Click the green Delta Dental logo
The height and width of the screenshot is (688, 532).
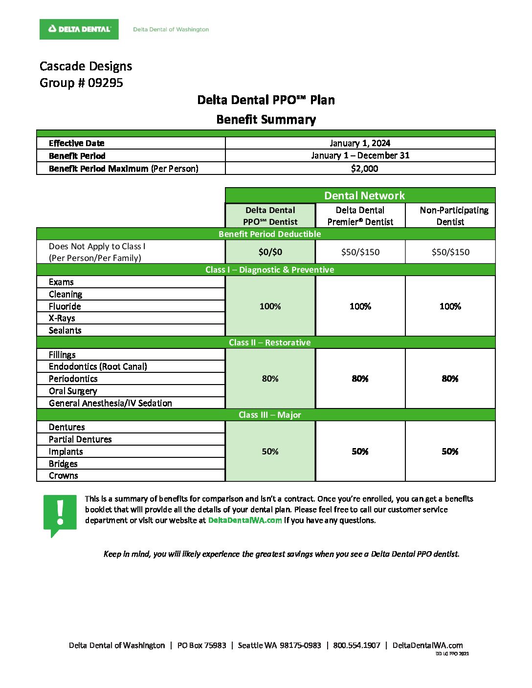pyautogui.click(x=79, y=29)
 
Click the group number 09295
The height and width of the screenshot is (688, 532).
pyautogui.click(x=105, y=83)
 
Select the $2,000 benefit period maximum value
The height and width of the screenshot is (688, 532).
pyautogui.click(x=364, y=169)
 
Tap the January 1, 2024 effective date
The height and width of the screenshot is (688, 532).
pyautogui.click(x=360, y=143)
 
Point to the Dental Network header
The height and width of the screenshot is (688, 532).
pyautogui.click(x=364, y=195)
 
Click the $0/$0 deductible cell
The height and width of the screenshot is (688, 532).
pyautogui.click(x=270, y=252)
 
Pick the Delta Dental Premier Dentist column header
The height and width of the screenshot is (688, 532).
pyautogui.click(x=360, y=215)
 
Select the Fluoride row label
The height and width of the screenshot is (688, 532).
pyautogui.click(x=65, y=306)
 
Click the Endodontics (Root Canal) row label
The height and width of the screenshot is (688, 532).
pyautogui.click(x=98, y=366)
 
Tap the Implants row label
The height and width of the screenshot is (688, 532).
pyautogui.click(x=66, y=451)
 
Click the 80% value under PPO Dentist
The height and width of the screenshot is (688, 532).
pyautogui.click(x=270, y=379)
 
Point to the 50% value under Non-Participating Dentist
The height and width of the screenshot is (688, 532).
pyautogui.click(x=450, y=451)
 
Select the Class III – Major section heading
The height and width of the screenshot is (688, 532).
pyautogui.click(x=269, y=415)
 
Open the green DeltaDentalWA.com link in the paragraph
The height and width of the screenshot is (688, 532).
pyautogui.click(x=245, y=520)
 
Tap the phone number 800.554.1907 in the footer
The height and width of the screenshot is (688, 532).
pyautogui.click(x=356, y=645)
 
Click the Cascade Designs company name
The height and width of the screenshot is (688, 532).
pyautogui.click(x=86, y=66)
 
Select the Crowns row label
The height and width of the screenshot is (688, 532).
pyautogui.click(x=64, y=475)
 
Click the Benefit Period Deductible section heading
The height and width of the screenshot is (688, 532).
pyautogui.click(x=269, y=234)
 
